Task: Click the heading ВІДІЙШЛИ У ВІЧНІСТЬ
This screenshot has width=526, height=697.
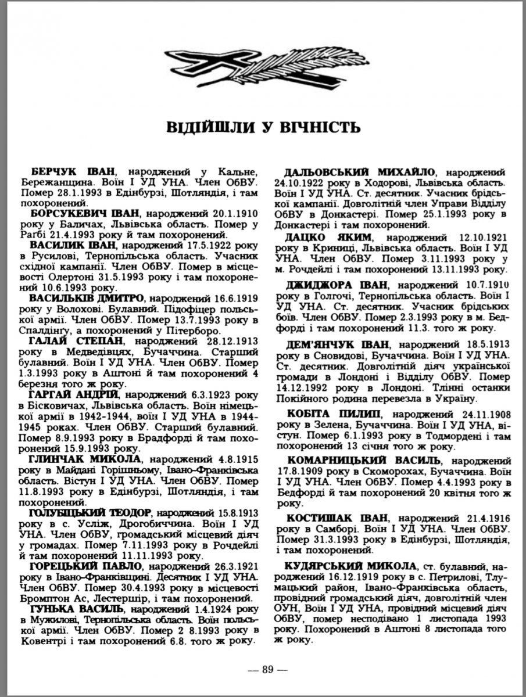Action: [x=263, y=127]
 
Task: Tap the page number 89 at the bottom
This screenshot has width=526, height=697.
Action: [x=267, y=669]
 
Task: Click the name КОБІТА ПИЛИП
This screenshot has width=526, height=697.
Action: [x=326, y=415]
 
